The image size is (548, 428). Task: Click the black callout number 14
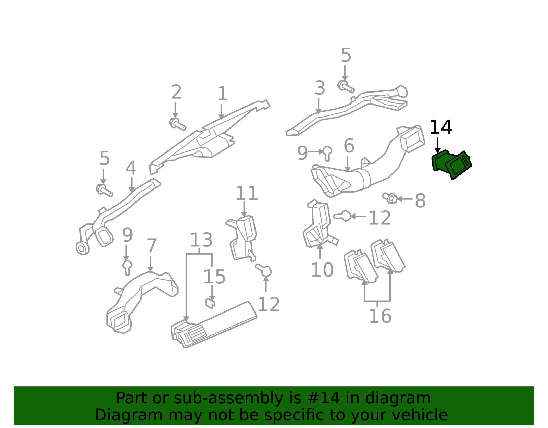point(440,127)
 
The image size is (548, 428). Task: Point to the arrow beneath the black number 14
point(437,145)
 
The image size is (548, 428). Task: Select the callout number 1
point(222,94)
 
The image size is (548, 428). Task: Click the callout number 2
point(176,92)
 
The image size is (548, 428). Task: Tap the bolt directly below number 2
point(177,124)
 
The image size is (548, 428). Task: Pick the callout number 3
point(320,88)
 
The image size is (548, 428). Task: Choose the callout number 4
point(131,168)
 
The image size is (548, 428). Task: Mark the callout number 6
point(349,146)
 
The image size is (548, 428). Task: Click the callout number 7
point(152,246)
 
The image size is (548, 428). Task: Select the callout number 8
point(420,201)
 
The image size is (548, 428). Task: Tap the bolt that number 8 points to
point(390,198)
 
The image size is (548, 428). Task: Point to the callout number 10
point(322,270)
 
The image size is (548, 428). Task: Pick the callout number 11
point(247,194)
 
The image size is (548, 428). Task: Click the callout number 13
point(201,240)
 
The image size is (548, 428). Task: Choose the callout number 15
point(214,277)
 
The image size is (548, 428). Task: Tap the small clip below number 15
point(210,303)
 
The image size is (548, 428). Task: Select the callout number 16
point(380,316)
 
